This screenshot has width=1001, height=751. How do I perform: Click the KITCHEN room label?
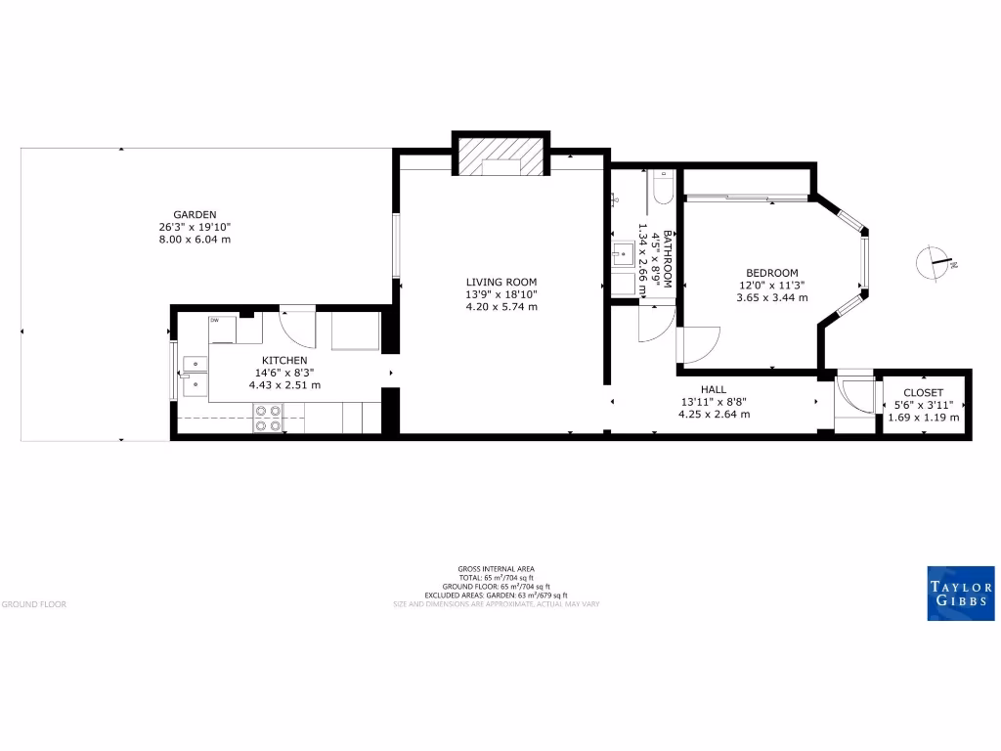pos(284,361)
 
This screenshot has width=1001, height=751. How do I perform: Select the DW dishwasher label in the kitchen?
pos(214,320)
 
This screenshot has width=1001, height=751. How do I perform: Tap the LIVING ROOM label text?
pos(501,282)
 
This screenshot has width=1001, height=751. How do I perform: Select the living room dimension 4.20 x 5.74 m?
pos(501,307)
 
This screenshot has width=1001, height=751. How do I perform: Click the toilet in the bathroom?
pos(664,187)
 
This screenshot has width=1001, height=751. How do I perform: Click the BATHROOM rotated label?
pos(668,258)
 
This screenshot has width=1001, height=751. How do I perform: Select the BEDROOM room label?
pos(771,273)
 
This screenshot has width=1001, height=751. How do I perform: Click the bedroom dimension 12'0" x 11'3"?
pos(771,286)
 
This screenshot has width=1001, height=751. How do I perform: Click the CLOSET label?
pos(923,393)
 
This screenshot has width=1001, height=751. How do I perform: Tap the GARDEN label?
pos(195,214)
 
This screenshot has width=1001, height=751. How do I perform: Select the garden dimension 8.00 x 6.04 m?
pos(195,240)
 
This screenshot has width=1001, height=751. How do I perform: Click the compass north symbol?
pos(936,262)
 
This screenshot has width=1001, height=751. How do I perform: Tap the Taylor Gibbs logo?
pos(960,593)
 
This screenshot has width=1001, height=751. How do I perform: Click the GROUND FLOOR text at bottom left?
pos(34,604)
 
